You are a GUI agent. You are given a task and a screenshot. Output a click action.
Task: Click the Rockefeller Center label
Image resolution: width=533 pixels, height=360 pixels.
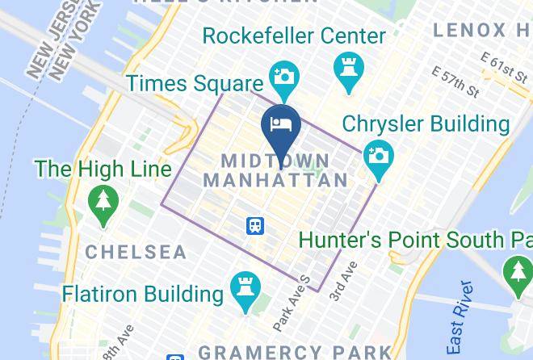294,36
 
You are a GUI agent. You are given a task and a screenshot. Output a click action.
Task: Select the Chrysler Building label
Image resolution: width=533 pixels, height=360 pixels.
426,123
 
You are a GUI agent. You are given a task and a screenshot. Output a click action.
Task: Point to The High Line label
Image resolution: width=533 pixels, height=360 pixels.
103,169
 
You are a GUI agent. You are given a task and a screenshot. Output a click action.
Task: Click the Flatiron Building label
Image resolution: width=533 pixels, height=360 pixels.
143,293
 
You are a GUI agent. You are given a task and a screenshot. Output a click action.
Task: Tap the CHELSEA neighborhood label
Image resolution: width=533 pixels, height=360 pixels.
136,252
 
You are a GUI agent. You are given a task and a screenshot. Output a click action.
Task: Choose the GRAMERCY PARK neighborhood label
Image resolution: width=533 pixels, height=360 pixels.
295,352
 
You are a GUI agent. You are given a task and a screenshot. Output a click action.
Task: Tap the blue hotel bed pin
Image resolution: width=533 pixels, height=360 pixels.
281,130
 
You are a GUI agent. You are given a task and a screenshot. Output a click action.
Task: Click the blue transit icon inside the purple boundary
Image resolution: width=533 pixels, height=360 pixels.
255,225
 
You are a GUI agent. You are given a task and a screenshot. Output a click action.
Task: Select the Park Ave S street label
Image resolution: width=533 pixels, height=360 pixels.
292,304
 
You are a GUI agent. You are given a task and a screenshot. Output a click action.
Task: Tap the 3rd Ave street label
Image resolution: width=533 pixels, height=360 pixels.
342,282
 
